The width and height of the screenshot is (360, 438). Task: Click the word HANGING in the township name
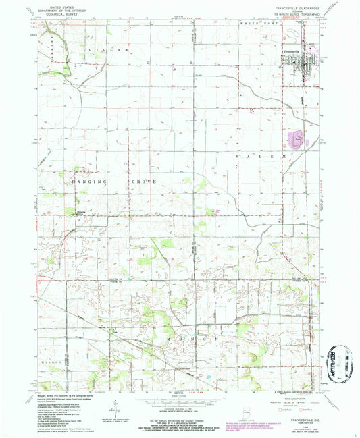tap(86, 182)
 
